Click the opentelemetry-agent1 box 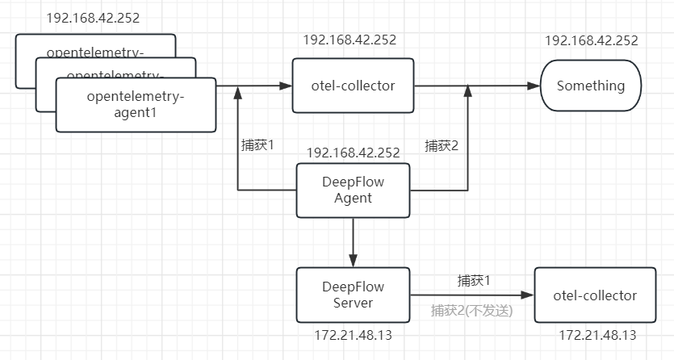click(x=136, y=105)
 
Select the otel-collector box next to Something click(x=353, y=85)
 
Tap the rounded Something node click(x=591, y=86)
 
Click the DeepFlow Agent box click(x=353, y=190)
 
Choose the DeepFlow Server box click(x=353, y=295)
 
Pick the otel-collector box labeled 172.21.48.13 click(x=594, y=295)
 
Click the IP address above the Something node click(x=591, y=40)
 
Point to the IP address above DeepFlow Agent click(x=353, y=152)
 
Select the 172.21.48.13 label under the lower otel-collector click(x=597, y=334)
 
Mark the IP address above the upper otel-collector click(x=350, y=40)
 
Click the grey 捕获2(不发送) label click(x=471, y=310)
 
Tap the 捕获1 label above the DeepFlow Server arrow click(x=474, y=281)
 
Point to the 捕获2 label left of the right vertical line click(x=442, y=146)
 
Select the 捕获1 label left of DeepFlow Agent click(x=258, y=146)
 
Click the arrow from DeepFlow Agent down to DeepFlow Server click(x=353, y=242)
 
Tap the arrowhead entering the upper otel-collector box click(x=287, y=86)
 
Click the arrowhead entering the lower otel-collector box click(x=528, y=295)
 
